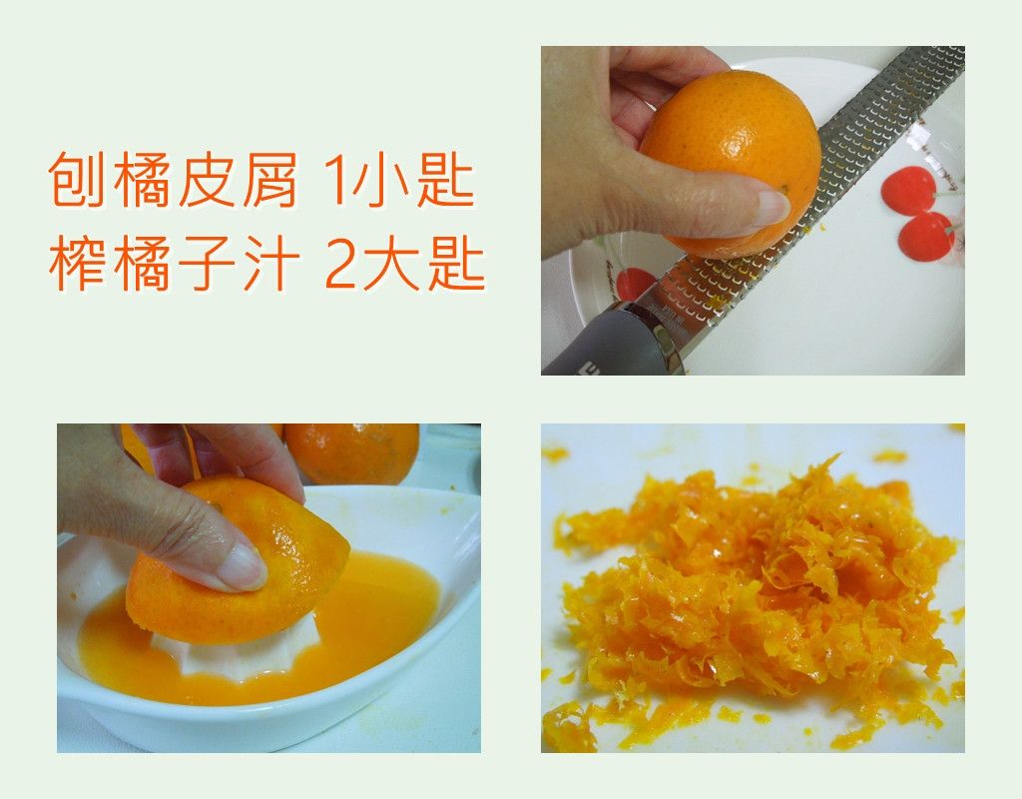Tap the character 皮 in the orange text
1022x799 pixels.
(206, 180)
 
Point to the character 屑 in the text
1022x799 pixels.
(269, 180)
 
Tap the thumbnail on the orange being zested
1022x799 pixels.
(771, 207)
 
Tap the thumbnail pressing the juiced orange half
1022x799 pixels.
(243, 567)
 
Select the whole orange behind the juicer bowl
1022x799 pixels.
(352, 452)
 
